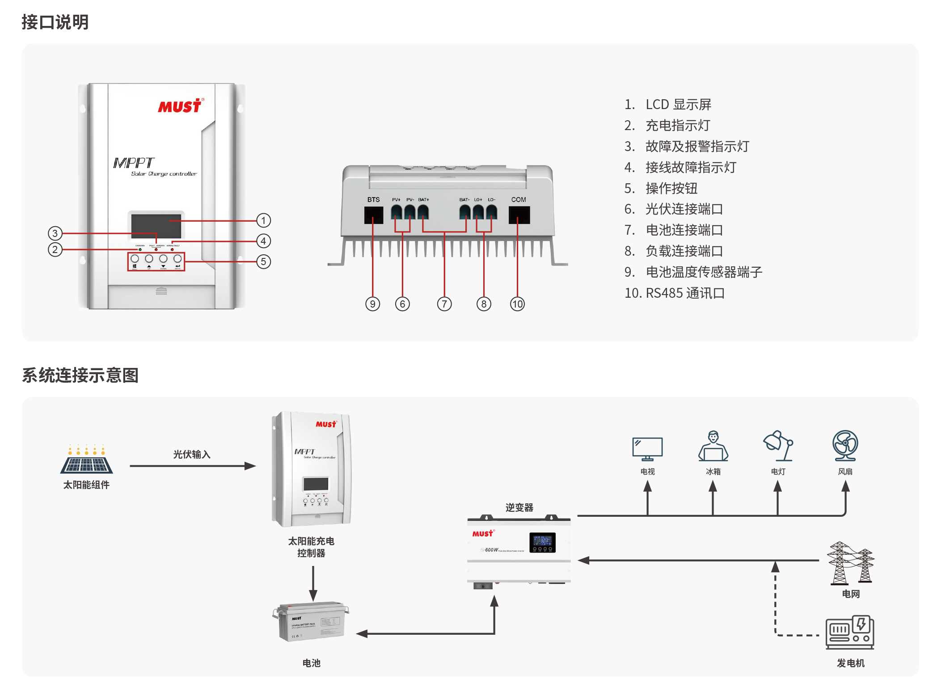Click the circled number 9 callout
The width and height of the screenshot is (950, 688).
click(x=372, y=304)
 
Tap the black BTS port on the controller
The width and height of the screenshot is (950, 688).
click(x=374, y=215)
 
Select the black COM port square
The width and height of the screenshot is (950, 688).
click(x=519, y=215)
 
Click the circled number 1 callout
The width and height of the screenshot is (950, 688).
click(x=263, y=220)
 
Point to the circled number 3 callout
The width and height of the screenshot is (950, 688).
click(x=55, y=233)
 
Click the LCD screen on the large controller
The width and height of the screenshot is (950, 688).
click(x=156, y=226)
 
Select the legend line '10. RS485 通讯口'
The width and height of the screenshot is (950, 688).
click(x=674, y=293)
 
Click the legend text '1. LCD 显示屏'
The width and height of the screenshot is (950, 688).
click(x=667, y=105)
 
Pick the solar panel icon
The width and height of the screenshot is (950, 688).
click(x=87, y=460)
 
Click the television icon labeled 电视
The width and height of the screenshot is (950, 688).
click(x=647, y=449)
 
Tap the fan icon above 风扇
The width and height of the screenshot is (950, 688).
click(x=845, y=445)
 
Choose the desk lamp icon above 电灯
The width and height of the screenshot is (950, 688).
click(x=778, y=446)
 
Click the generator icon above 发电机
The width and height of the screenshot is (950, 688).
click(x=849, y=633)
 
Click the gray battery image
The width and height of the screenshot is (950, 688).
click(x=311, y=621)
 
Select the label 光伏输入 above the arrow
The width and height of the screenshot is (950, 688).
click(x=191, y=455)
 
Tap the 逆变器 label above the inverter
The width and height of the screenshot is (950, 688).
click(x=519, y=507)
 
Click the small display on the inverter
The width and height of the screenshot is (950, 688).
click(x=542, y=542)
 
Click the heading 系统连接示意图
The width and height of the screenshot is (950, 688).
click(x=80, y=375)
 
